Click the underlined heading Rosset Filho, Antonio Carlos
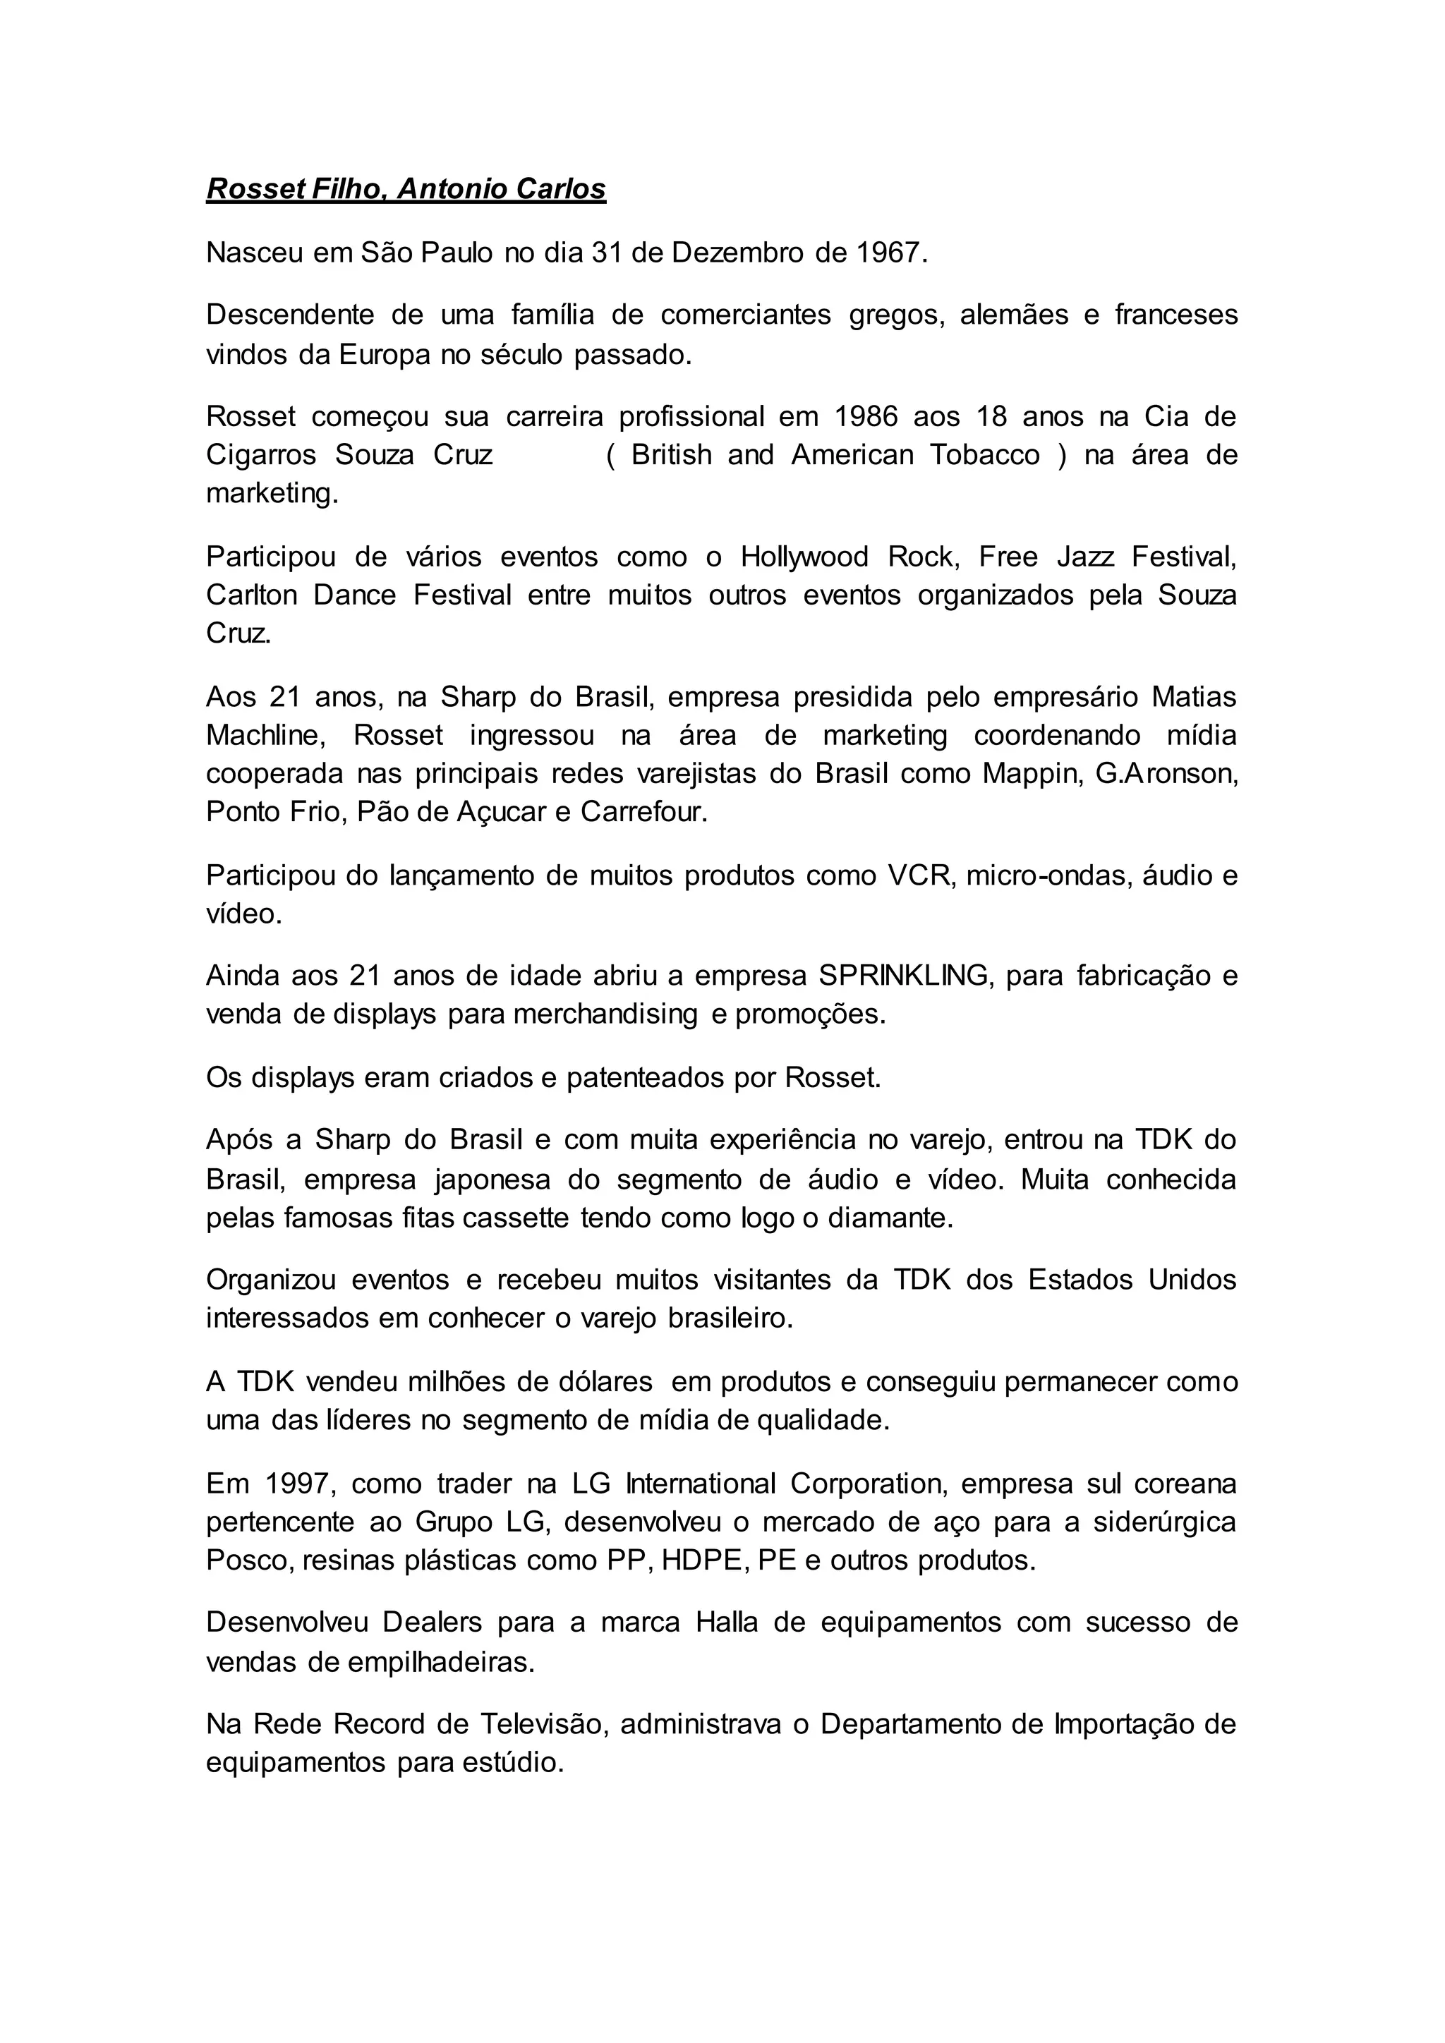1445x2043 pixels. [406, 190]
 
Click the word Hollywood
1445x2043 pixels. [805, 557]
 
